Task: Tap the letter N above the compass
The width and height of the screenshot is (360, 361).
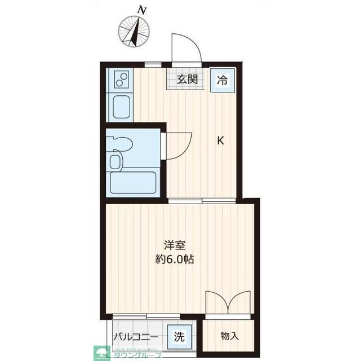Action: click(143, 10)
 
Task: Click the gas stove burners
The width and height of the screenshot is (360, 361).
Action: click(121, 81)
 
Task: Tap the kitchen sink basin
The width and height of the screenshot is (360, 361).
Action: click(121, 106)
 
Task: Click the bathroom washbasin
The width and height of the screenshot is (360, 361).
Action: click(115, 162)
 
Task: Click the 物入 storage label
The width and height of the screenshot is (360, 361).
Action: click(229, 336)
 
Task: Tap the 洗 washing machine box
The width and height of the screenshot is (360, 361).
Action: click(179, 338)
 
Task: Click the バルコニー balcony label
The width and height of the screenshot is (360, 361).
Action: click(137, 338)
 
